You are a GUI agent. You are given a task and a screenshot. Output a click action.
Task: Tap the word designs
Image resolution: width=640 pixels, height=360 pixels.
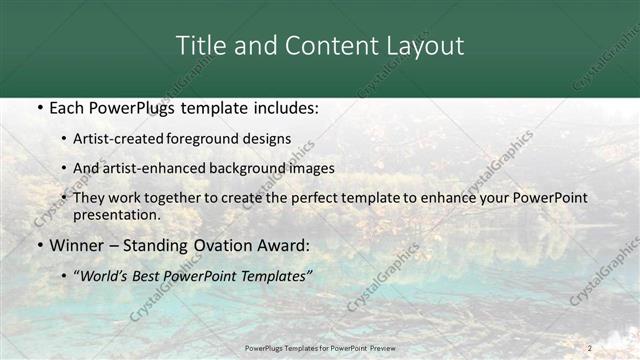coord(269,139)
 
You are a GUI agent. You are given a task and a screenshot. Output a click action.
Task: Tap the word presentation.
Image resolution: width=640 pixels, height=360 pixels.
coord(115,214)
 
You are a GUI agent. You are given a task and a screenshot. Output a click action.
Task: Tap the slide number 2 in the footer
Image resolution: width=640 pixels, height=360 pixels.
coord(589,347)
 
